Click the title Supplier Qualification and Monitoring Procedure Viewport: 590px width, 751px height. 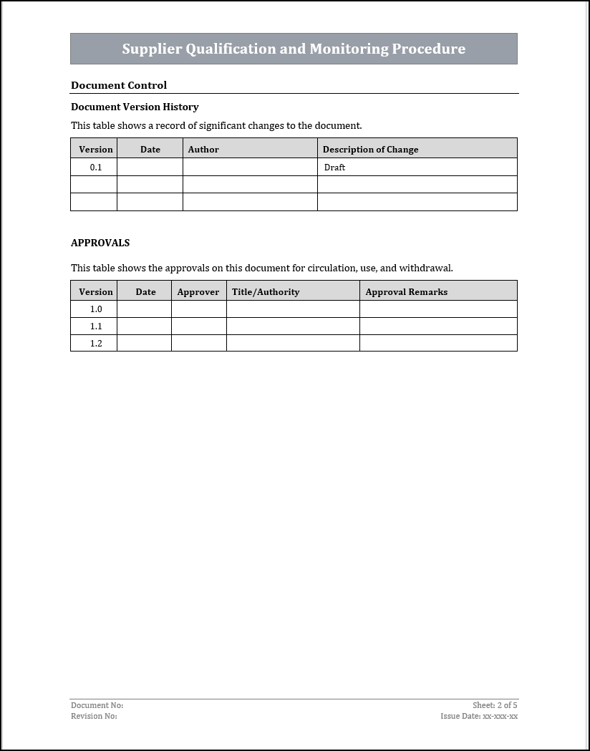click(294, 49)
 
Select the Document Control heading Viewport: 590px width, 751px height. click(119, 85)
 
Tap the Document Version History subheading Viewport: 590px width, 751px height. click(135, 107)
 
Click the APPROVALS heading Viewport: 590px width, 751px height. click(100, 243)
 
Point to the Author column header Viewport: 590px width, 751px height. click(203, 150)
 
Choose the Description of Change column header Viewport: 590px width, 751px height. click(370, 150)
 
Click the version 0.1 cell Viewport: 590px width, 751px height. click(96, 167)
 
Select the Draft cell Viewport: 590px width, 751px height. click(334, 168)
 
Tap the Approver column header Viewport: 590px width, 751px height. click(198, 292)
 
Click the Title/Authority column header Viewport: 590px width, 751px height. click(266, 292)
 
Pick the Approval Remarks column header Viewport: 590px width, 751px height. click(406, 292)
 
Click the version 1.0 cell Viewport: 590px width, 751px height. click(96, 309)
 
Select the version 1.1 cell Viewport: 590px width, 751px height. click(96, 326)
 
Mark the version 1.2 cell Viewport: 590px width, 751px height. click(96, 344)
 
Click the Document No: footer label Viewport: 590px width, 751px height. click(97, 705)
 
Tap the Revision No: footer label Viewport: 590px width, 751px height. click(94, 716)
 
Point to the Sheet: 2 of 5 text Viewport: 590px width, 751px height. click(495, 705)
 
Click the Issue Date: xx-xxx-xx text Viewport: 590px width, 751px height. click(479, 716)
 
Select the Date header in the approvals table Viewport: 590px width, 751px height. click(145, 292)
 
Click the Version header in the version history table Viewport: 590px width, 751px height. click(96, 150)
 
